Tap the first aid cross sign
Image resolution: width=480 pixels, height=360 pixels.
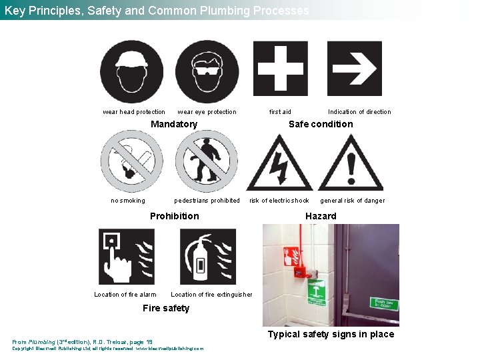click(x=281, y=69)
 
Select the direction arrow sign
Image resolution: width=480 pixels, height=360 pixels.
click(x=355, y=69)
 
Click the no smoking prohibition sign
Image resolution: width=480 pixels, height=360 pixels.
click(x=131, y=161)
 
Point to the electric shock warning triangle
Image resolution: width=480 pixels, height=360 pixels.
click(x=279, y=165)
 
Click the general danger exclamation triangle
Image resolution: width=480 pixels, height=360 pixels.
click(x=351, y=165)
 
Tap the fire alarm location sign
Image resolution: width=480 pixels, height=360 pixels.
click(x=126, y=257)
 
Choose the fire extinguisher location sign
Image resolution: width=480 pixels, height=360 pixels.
click(x=207, y=257)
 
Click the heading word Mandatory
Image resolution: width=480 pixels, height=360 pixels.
click(x=174, y=124)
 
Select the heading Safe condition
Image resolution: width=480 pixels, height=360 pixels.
click(x=321, y=124)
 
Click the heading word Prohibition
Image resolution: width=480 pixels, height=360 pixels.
click(x=174, y=216)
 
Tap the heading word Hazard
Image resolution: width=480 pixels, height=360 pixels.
click(x=321, y=216)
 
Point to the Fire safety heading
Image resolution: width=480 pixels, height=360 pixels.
click(x=166, y=308)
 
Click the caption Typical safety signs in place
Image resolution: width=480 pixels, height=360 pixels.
click(x=331, y=334)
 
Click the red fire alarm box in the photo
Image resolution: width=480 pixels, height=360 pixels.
click(x=301, y=272)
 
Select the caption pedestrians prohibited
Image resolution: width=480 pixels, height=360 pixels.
click(x=207, y=201)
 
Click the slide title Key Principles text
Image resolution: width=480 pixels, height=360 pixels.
click(x=156, y=11)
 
